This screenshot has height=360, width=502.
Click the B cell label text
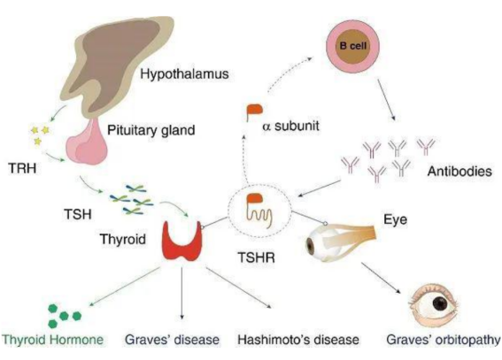(x=352, y=46)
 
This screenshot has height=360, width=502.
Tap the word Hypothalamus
(x=185, y=74)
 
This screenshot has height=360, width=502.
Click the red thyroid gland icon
(x=182, y=241)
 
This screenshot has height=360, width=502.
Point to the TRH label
(x=22, y=168)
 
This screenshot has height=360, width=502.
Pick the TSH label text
(x=78, y=214)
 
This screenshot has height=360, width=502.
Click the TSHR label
(x=256, y=257)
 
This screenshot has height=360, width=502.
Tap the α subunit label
(x=290, y=126)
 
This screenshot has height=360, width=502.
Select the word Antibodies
(x=460, y=172)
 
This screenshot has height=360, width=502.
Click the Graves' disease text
(x=172, y=340)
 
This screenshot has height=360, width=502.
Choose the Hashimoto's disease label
(x=298, y=340)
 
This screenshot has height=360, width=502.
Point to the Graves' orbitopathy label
(x=444, y=340)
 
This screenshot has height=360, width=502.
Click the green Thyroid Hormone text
(x=53, y=340)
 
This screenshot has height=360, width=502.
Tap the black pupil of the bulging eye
(x=440, y=303)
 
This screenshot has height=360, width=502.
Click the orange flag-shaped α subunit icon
(x=254, y=112)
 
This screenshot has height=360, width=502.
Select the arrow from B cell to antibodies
(x=387, y=100)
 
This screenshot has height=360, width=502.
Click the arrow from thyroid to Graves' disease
(x=181, y=293)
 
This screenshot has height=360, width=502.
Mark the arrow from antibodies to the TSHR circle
(x=319, y=188)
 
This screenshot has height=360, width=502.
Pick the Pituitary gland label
(x=151, y=130)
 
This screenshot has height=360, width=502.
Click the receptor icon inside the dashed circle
(x=259, y=211)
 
